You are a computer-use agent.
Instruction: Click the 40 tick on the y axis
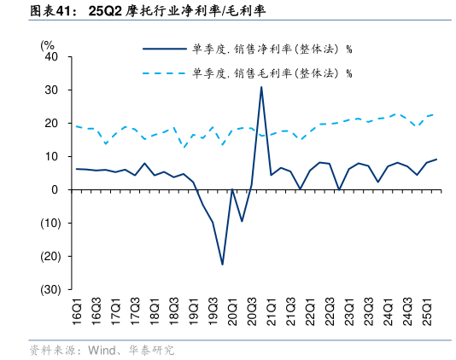pos(51,57)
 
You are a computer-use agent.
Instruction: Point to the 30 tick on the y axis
pos(51,90)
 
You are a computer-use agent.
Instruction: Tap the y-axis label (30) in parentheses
pos(50,289)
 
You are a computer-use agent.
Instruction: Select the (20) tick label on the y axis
pos(50,256)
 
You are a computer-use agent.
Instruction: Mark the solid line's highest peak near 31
pos(261,87)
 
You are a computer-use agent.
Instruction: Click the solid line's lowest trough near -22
pos(223,264)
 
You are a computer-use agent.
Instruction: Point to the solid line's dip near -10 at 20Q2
pos(242,221)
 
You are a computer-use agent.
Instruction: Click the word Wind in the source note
pos(96,350)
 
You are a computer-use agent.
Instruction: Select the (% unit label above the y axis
pos(48,44)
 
